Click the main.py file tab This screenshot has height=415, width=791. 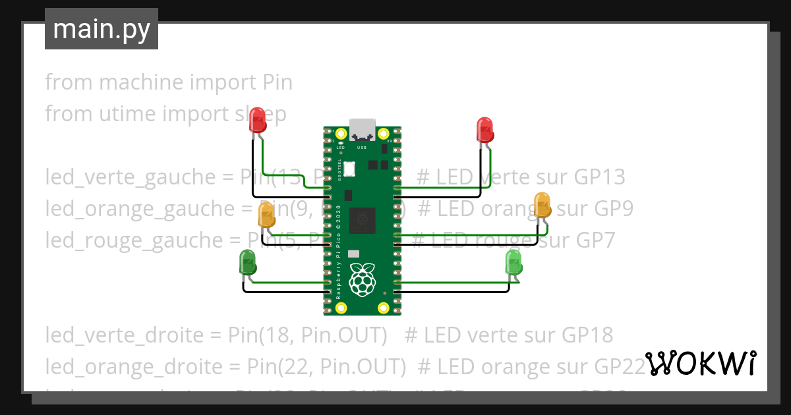[101, 29]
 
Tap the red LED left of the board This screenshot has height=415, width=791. [258, 120]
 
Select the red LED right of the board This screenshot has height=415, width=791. [485, 130]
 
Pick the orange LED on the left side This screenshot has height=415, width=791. [266, 215]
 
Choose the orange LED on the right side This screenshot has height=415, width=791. [542, 205]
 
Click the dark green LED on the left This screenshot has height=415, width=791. [248, 262]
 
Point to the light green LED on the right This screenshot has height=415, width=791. [513, 263]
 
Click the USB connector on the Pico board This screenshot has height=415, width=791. [363, 129]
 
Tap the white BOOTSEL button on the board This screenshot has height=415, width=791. [349, 168]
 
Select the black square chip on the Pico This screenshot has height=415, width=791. [362, 220]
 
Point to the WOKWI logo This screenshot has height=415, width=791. [700, 363]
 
